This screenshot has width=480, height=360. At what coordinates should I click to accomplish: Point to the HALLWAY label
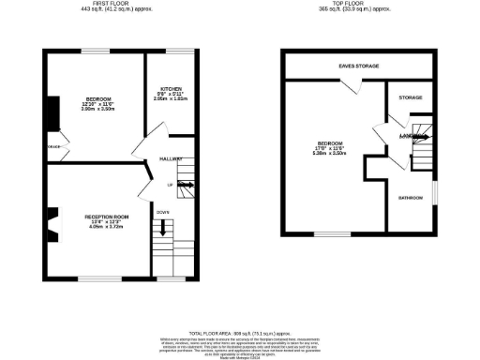[170, 159]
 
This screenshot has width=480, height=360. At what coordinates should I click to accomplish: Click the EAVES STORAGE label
[359, 67]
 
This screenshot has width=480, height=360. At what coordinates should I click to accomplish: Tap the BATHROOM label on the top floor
[411, 198]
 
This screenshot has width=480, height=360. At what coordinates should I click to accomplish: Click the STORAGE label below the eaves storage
[411, 97]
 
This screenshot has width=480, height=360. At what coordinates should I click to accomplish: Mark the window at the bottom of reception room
[93, 277]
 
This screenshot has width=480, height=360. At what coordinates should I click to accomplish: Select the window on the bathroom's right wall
[434, 193]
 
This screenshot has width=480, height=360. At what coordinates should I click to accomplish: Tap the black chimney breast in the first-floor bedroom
[52, 111]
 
